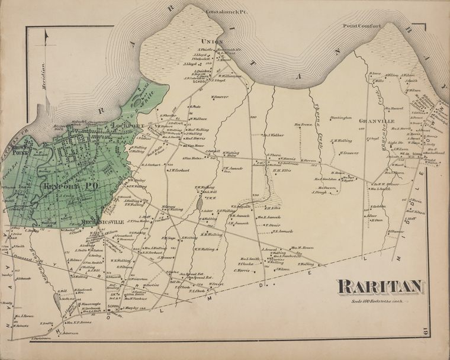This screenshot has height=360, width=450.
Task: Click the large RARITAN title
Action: coord(380,287)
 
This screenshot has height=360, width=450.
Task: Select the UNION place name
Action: coord(211,41)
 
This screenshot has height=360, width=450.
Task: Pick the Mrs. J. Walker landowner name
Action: coord(272,135)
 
